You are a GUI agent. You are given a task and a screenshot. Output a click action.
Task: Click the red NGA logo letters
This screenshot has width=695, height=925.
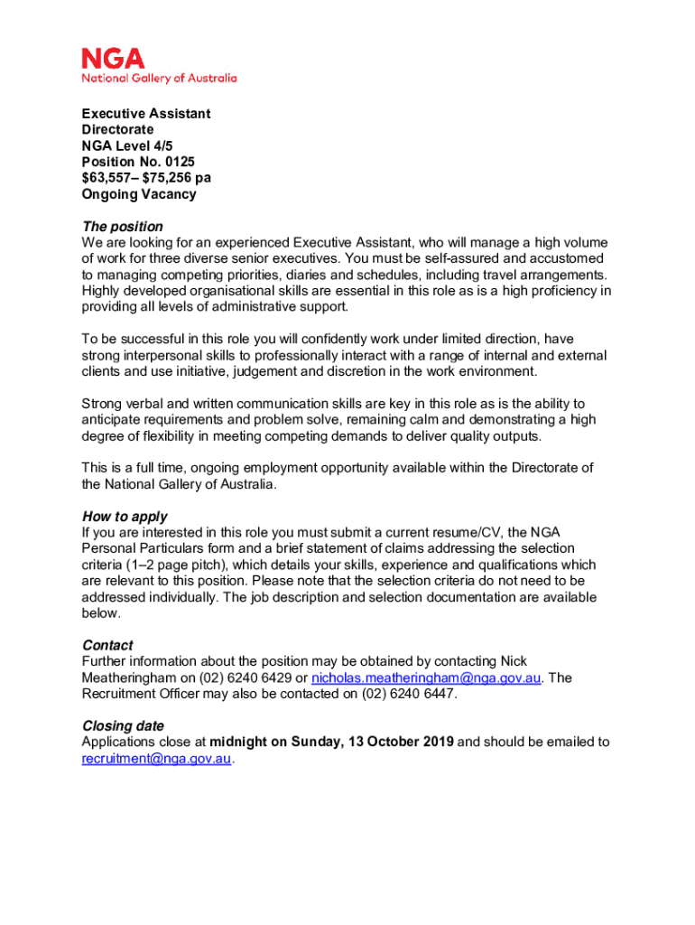pyautogui.click(x=113, y=59)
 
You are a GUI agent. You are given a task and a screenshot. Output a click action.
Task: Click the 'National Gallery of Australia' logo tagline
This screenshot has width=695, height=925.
pyautogui.click(x=159, y=79)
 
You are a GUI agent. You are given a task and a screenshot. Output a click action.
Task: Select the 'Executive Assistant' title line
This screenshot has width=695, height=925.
pyautogui.click(x=146, y=114)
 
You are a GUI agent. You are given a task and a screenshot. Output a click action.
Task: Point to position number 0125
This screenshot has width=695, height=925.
pyautogui.click(x=179, y=163)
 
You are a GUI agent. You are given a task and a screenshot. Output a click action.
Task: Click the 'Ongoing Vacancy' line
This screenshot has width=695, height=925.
pyautogui.click(x=139, y=195)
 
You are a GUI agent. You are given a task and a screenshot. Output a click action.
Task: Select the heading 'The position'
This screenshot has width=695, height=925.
pyautogui.click(x=123, y=227)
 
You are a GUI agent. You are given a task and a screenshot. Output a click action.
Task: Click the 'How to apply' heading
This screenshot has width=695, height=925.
pyautogui.click(x=125, y=518)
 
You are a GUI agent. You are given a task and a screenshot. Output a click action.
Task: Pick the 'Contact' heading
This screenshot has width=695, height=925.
pyautogui.click(x=107, y=646)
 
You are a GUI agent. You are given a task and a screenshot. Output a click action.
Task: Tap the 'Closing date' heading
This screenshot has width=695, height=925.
pyautogui.click(x=124, y=726)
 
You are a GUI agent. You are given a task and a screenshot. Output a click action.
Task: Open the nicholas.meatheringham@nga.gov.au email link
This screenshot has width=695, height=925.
pyautogui.click(x=427, y=678)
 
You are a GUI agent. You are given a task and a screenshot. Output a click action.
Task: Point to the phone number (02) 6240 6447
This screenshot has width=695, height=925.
pyautogui.click(x=409, y=695)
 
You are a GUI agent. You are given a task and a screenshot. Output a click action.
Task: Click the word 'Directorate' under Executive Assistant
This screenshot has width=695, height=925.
pyautogui.click(x=118, y=130)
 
